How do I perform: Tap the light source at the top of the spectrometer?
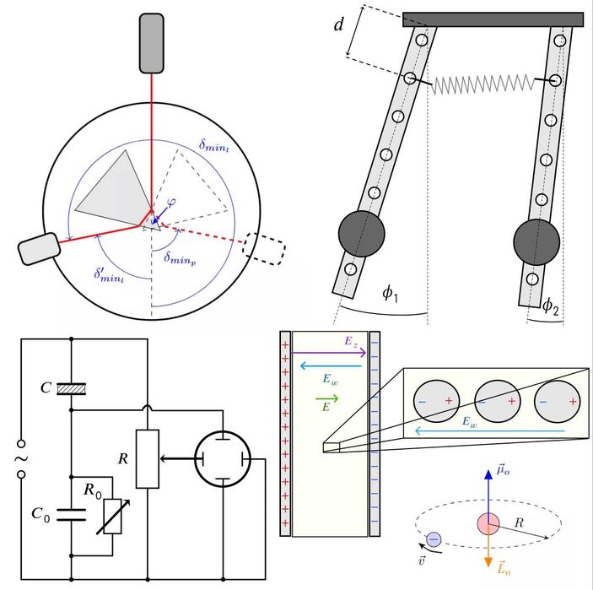click(152, 41)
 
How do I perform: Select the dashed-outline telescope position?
click(263, 247)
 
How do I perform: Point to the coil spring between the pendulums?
click(483, 84)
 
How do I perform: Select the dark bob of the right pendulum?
click(536, 241)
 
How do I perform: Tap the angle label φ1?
click(391, 293)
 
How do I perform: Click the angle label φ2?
click(549, 306)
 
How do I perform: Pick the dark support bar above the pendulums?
click(493, 19)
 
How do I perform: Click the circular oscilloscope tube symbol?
click(223, 460)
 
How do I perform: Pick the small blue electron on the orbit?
click(434, 539)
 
